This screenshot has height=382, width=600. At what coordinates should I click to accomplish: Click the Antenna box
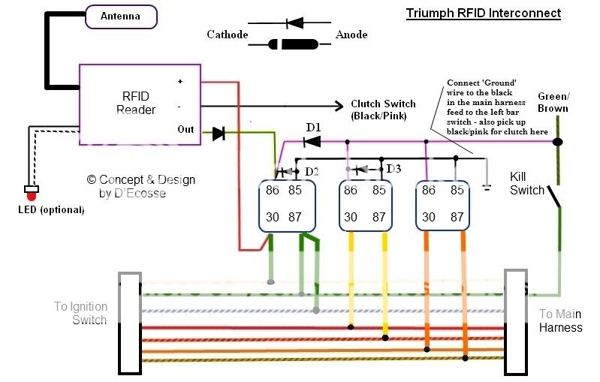(121, 17)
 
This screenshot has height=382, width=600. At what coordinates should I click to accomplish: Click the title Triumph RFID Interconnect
(483, 14)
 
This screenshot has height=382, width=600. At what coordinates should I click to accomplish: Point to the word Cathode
(227, 35)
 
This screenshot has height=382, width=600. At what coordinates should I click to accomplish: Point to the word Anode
(351, 35)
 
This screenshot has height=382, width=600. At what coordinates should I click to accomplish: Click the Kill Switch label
(527, 183)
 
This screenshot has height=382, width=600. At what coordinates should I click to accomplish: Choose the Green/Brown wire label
(553, 102)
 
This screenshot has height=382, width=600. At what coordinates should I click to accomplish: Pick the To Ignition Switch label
(80, 313)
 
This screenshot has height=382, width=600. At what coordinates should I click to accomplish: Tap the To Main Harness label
(560, 320)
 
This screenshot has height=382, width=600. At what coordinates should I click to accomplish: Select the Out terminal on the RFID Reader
(185, 129)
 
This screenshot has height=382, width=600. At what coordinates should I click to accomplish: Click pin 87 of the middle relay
(379, 217)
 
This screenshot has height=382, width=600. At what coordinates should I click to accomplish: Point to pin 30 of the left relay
(272, 217)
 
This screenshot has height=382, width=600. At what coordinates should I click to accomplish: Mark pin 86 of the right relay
(428, 191)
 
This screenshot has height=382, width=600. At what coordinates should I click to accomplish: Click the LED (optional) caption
(51, 209)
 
